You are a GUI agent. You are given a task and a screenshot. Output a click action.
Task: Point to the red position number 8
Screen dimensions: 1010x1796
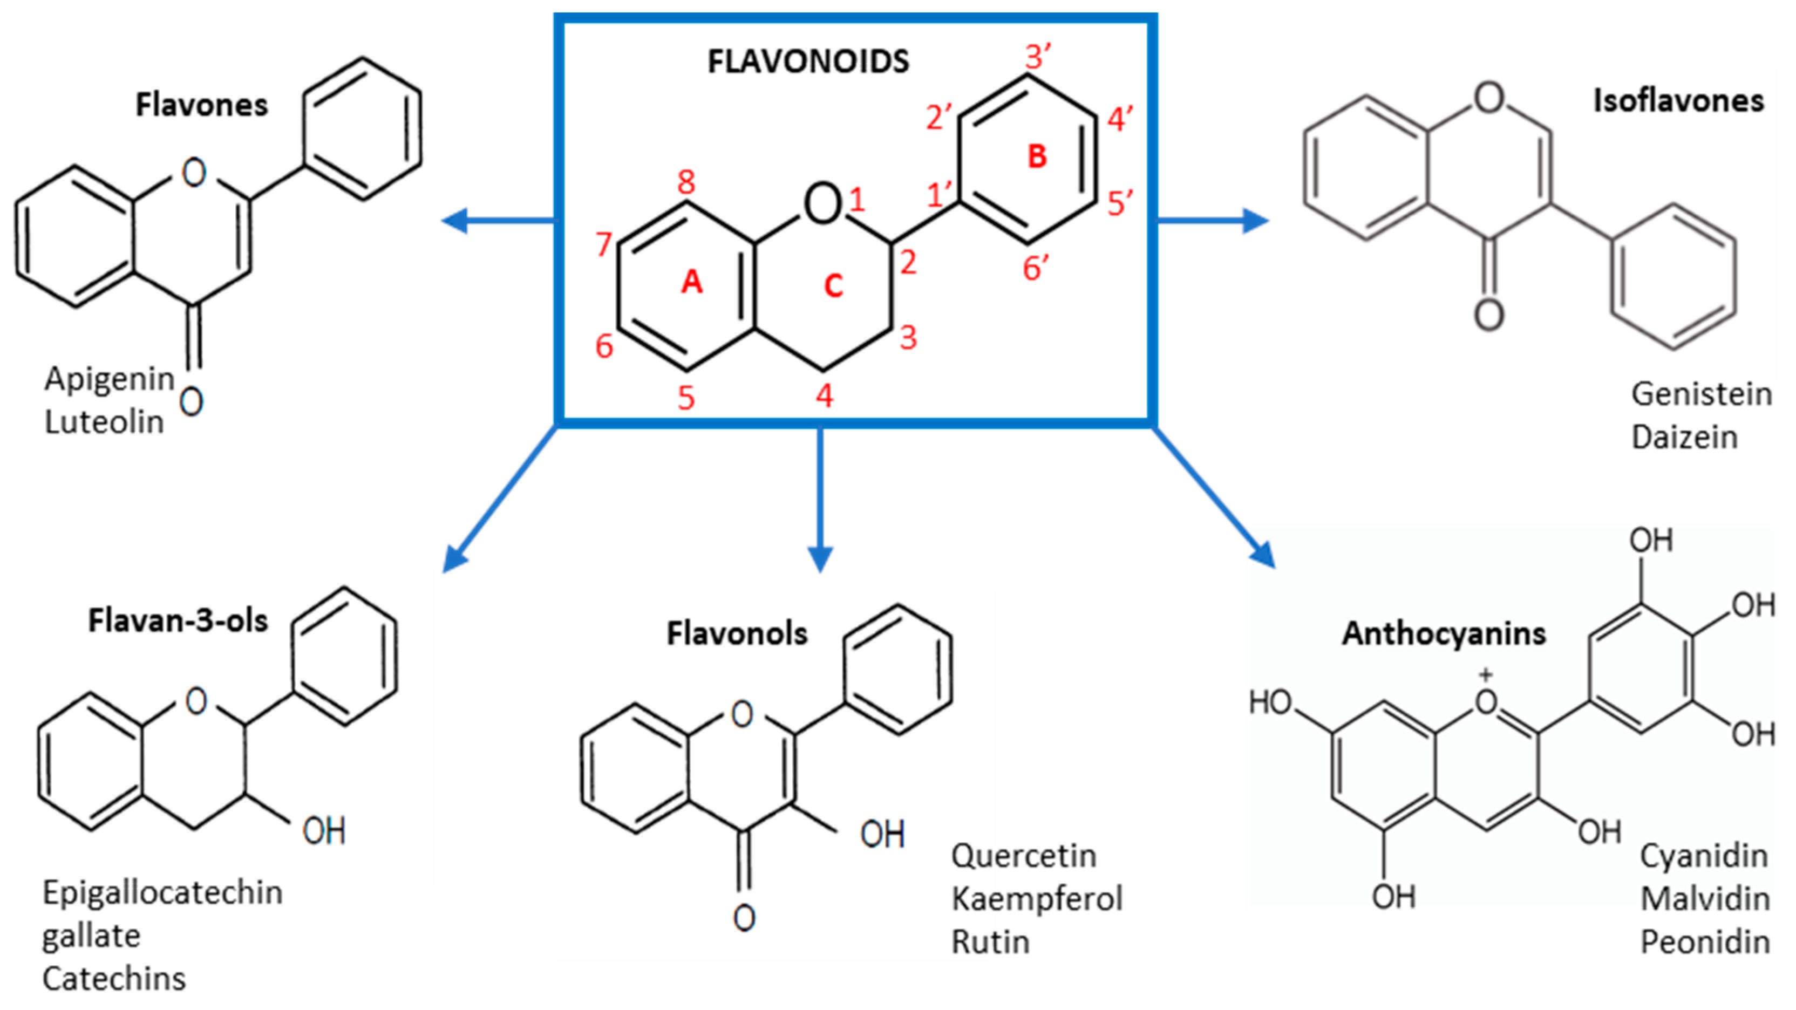coord(686,182)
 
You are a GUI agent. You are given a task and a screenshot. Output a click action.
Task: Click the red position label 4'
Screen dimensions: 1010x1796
coord(1120,119)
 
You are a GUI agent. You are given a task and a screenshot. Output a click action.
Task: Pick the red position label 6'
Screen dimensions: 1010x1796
coord(1036,268)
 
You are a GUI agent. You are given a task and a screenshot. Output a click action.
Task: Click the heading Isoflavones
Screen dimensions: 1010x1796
coord(1678,101)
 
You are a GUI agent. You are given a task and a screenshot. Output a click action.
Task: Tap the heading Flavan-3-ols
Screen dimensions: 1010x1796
coord(178,620)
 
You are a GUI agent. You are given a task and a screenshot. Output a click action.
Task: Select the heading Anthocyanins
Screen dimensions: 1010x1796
coord(1444,633)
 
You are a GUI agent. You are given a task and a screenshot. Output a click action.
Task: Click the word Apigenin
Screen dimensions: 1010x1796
coord(110,379)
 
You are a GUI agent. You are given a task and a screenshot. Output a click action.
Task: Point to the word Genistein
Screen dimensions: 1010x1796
coord(1701,394)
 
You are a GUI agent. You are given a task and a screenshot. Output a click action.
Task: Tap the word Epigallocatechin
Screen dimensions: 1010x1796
coord(162,893)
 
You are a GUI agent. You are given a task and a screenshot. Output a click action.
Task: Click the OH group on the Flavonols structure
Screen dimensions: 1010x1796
coord(882,834)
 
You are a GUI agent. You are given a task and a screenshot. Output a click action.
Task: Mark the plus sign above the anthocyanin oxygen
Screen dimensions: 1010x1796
coord(1486,674)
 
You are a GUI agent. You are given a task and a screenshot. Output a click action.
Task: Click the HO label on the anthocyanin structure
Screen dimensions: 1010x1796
coord(1270,702)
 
